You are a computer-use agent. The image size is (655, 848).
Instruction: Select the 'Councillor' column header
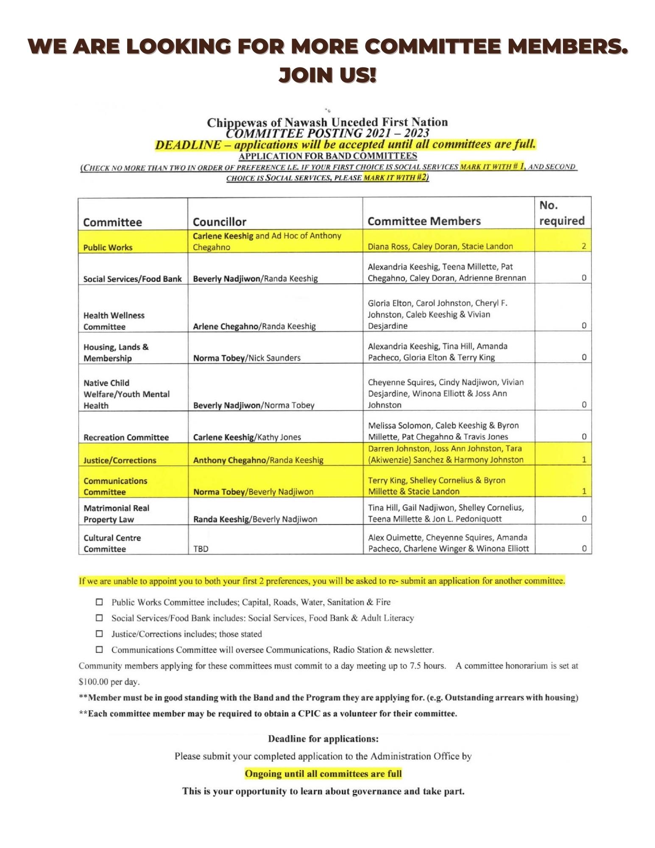(x=219, y=222)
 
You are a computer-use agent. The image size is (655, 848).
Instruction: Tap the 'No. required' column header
(x=561, y=213)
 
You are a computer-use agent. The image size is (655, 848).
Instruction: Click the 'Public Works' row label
(x=108, y=248)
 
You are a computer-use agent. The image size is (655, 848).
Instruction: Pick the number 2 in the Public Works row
(x=584, y=246)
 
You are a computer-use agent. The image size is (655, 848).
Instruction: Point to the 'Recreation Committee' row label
(x=126, y=437)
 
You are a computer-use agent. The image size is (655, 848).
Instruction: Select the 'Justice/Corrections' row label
(x=120, y=460)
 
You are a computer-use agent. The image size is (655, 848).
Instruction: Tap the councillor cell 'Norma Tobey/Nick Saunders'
(x=247, y=358)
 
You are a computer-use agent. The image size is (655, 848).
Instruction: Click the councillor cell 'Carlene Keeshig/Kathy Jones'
(x=247, y=437)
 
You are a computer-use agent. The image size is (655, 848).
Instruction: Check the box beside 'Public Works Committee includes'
(x=99, y=602)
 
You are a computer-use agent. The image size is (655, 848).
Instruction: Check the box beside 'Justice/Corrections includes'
(x=99, y=634)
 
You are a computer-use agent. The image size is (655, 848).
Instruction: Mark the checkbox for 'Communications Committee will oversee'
(x=99, y=650)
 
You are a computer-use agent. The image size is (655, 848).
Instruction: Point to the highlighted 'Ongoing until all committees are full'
(x=323, y=774)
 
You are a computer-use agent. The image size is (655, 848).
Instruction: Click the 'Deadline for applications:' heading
(x=323, y=739)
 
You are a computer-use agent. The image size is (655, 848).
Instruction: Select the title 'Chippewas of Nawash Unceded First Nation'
(x=327, y=122)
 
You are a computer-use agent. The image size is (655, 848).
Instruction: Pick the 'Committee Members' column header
(x=424, y=221)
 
